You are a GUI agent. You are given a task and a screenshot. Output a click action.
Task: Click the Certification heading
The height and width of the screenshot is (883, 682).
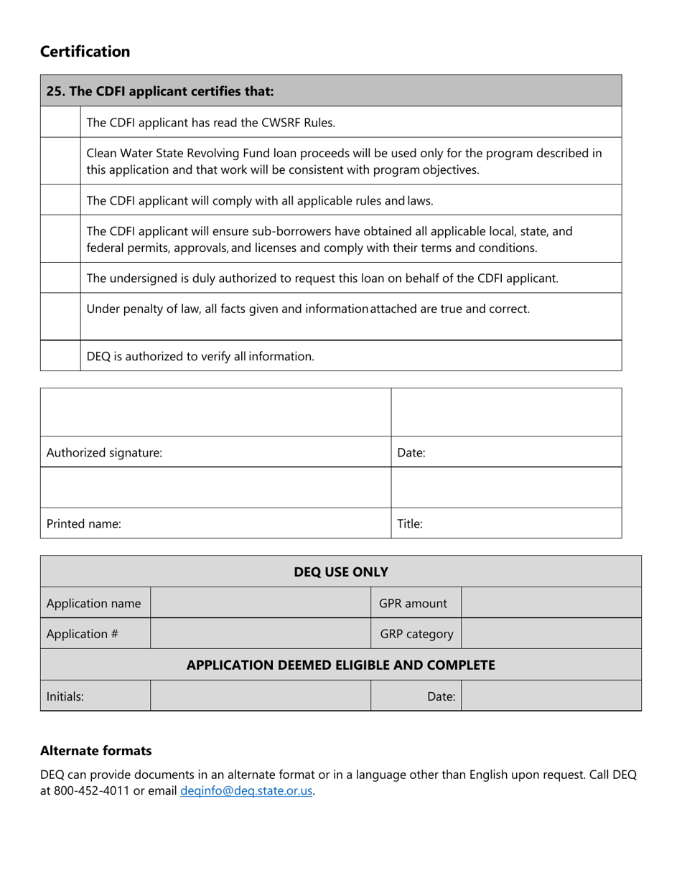(x=85, y=52)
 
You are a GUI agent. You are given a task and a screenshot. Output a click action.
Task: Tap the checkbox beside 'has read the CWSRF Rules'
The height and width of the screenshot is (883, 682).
(x=60, y=122)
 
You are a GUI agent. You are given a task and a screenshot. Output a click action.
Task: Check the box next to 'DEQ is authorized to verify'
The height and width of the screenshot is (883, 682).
(x=60, y=355)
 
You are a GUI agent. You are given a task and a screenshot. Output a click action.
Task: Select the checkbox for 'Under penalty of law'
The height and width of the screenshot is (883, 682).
(x=60, y=316)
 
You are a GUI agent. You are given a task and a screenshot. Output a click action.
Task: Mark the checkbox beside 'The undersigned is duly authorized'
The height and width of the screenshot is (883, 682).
(x=60, y=278)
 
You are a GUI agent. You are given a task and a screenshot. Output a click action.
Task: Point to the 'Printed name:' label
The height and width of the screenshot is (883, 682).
(x=84, y=524)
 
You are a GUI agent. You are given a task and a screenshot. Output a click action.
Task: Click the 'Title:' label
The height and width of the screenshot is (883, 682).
(x=410, y=524)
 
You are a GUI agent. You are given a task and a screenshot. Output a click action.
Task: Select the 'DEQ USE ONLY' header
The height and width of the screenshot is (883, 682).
(x=341, y=572)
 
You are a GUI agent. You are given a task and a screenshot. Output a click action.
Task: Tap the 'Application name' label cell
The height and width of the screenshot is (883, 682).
(x=93, y=604)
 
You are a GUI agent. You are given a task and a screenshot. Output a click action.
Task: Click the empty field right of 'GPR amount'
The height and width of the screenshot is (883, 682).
(x=550, y=604)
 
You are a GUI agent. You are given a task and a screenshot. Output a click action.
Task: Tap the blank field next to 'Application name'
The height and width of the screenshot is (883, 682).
(x=260, y=604)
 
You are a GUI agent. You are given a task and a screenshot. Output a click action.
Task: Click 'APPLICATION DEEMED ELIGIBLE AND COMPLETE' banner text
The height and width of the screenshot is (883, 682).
(x=341, y=665)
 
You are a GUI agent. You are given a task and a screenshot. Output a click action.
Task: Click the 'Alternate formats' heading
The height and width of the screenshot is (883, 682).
(x=95, y=751)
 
